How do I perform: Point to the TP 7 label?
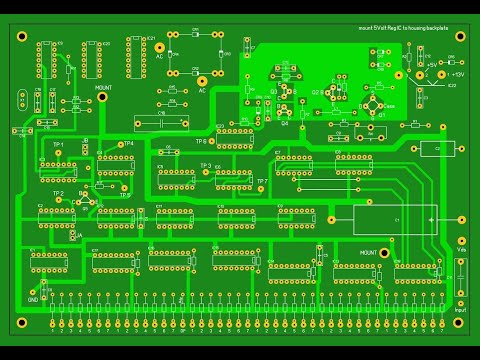coord(261,181)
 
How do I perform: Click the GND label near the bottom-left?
coord(32,299)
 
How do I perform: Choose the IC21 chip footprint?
coord(139,55)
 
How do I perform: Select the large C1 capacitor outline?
coord(394,218)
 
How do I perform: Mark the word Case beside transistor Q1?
coord(390,106)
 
